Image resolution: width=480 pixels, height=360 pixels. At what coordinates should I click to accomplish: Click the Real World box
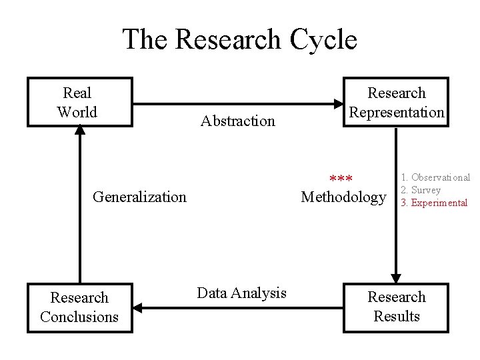pyautogui.click(x=79, y=102)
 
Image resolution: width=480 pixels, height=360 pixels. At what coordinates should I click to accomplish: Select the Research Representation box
pyautogui.click(x=396, y=102)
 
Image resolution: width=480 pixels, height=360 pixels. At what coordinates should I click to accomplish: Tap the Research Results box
pyautogui.click(x=396, y=307)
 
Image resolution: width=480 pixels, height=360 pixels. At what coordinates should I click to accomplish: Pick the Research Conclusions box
pyautogui.click(x=79, y=307)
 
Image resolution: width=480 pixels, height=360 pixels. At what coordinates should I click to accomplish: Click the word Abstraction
pyautogui.click(x=237, y=121)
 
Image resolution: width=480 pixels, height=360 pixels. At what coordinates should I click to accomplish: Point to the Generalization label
pyautogui.click(x=139, y=197)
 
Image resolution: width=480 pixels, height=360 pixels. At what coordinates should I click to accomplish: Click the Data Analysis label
pyautogui.click(x=241, y=293)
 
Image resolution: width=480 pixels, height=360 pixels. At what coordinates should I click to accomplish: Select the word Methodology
pyautogui.click(x=343, y=197)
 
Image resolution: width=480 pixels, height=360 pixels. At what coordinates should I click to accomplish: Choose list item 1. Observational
pyautogui.click(x=435, y=177)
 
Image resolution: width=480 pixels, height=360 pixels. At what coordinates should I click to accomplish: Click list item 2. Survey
pyautogui.click(x=420, y=190)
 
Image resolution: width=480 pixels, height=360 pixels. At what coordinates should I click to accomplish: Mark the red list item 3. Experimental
pyautogui.click(x=433, y=203)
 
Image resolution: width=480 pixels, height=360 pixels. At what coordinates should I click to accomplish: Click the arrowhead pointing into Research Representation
pyautogui.click(x=338, y=103)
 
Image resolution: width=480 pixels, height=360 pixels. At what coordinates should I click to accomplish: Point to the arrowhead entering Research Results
pyautogui.click(x=396, y=278)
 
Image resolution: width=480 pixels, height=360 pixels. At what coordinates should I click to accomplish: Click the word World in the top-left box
pyautogui.click(x=77, y=112)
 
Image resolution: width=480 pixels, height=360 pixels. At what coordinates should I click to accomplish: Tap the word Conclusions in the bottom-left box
pyautogui.click(x=79, y=317)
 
